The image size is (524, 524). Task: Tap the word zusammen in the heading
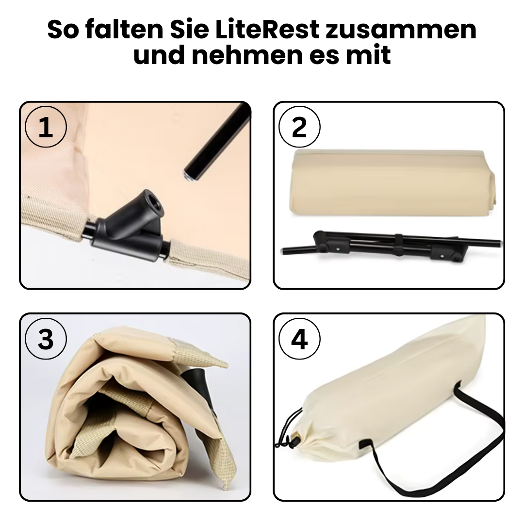(401, 30)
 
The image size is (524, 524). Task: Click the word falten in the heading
(125, 30)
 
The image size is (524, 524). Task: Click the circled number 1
(46, 127)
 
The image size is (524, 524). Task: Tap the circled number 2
(299, 127)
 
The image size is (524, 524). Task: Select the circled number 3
(46, 339)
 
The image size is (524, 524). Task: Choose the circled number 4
(299, 339)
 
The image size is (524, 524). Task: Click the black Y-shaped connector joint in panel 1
(129, 227)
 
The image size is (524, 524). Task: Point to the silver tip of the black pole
(189, 176)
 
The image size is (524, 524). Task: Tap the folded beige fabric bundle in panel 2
(392, 184)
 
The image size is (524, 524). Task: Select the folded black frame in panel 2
(391, 246)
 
